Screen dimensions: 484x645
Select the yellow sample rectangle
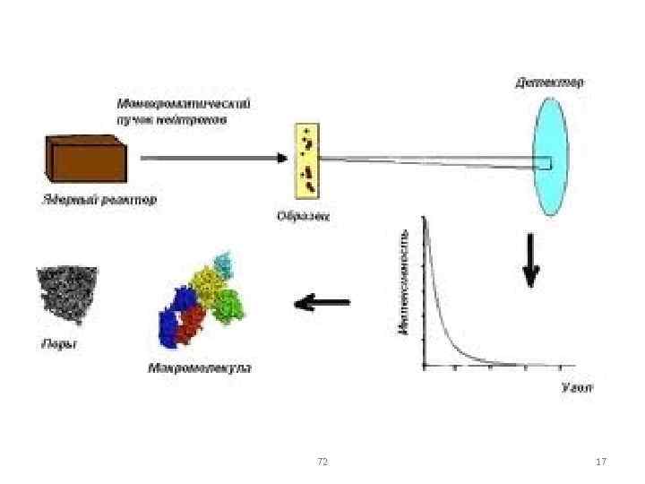click(306, 160)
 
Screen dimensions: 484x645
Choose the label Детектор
click(549, 82)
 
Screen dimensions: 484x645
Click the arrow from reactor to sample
click(214, 158)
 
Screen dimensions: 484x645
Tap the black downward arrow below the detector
click(531, 261)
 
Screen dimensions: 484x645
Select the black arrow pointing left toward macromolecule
click(322, 303)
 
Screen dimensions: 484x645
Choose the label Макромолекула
click(199, 367)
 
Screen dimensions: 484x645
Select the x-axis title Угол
click(577, 388)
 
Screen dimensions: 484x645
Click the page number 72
click(322, 461)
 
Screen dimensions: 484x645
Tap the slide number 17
click(601, 461)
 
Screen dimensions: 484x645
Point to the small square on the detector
click(544, 163)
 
